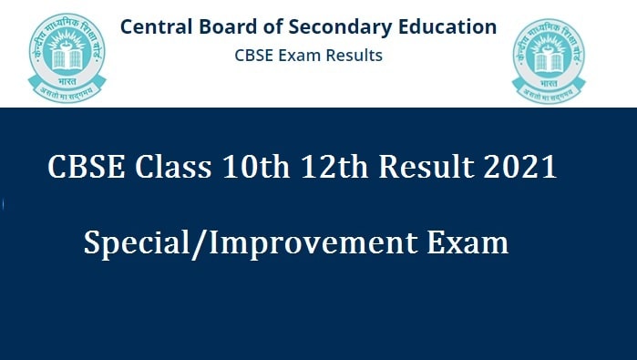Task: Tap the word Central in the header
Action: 157,26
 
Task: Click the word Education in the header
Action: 450,26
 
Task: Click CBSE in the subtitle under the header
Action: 252,56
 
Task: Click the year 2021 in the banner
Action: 519,169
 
